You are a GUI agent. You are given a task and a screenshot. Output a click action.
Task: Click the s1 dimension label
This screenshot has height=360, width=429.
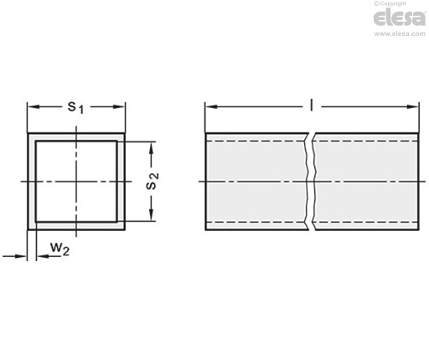pos(75,108)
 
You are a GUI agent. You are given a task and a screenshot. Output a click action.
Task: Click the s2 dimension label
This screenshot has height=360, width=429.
pos(152,182)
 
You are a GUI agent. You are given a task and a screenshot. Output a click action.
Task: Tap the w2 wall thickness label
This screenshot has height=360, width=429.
pos(59,249)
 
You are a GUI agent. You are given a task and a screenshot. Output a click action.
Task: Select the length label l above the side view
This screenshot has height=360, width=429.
pos(312,106)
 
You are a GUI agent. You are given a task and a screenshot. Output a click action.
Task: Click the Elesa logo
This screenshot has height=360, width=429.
pos(400,18)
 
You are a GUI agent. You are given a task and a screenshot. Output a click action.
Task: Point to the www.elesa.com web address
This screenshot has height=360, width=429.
pos(400,33)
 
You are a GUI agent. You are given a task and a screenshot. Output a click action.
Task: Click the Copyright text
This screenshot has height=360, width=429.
pos(390,4)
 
